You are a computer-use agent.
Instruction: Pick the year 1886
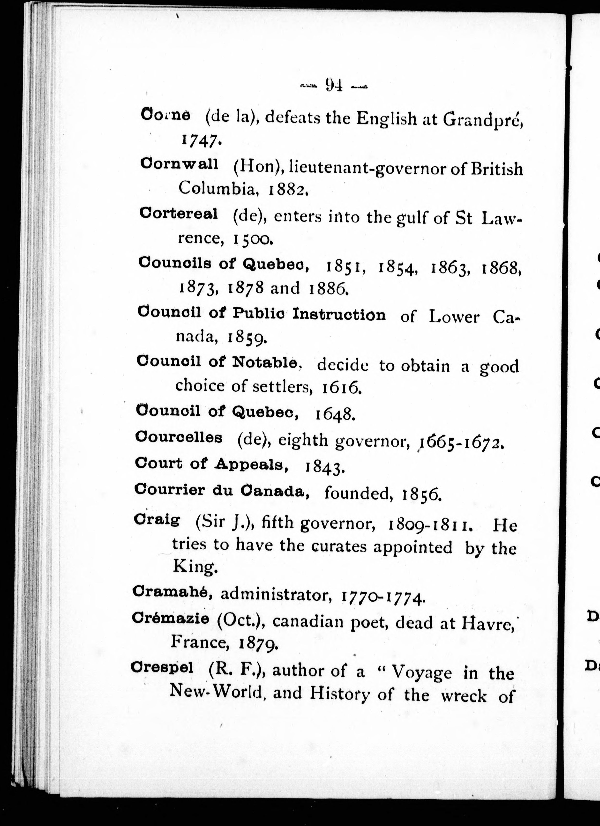(329, 288)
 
